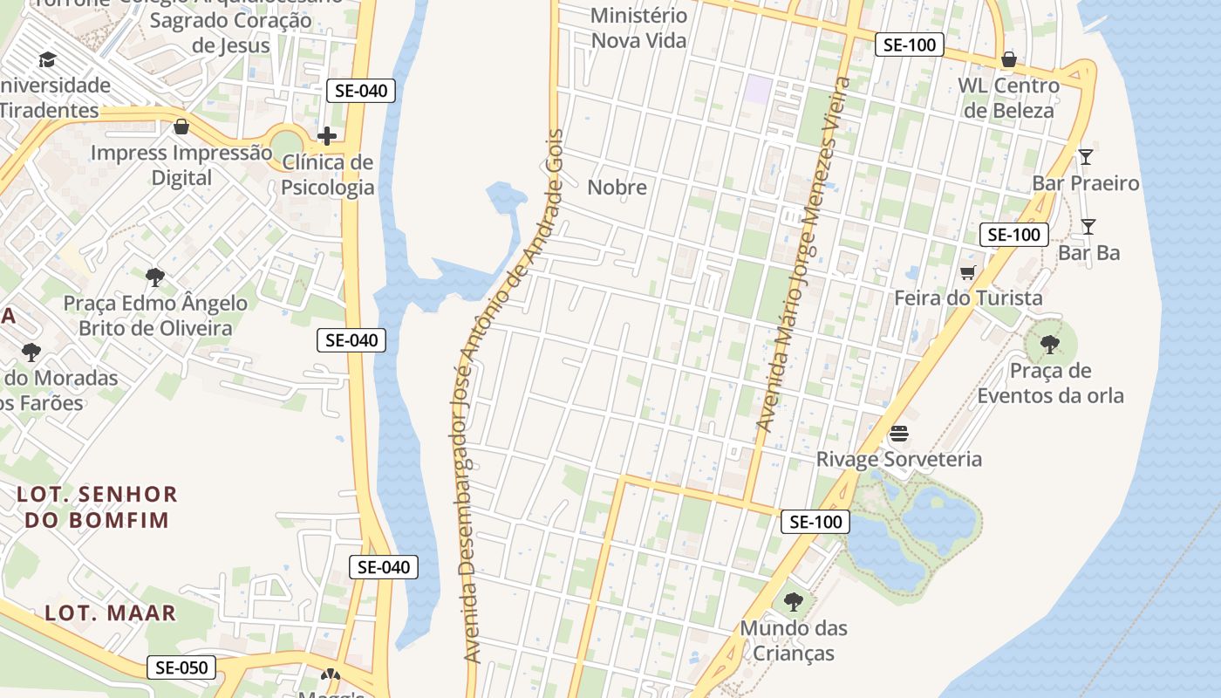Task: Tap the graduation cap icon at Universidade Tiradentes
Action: [47, 59]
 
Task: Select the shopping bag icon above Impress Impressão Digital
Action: [181, 127]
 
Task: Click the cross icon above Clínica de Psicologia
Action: [327, 136]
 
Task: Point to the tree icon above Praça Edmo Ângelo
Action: [155, 277]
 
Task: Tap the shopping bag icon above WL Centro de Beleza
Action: [1009, 59]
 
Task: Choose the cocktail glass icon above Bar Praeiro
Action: [1085, 157]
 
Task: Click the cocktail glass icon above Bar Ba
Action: [1088, 227]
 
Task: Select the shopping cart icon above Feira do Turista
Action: [968, 273]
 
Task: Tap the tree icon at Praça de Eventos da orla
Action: [1050, 345]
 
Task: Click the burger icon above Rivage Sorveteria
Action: [899, 434]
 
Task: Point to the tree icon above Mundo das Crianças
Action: [793, 602]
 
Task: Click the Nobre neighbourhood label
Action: [617, 187]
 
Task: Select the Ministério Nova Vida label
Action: [639, 28]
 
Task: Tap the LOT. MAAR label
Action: [111, 612]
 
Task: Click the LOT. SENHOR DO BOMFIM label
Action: [97, 507]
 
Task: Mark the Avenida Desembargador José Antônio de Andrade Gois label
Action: [512, 397]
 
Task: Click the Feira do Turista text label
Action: [968, 298]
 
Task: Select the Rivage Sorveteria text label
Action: [899, 459]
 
